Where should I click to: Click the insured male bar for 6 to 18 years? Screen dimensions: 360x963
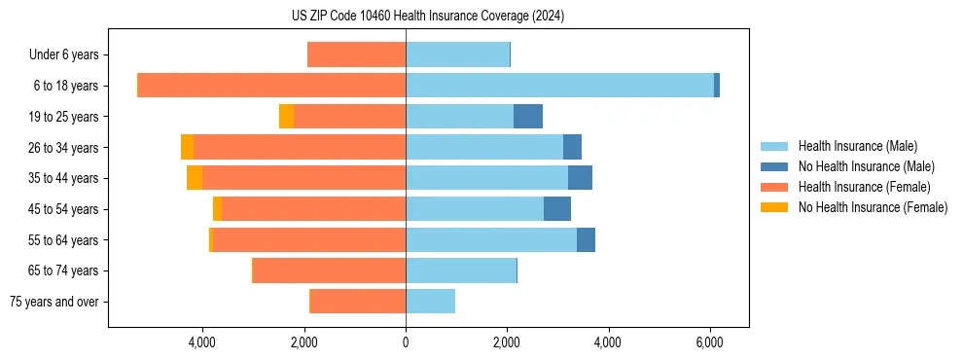(x=559, y=86)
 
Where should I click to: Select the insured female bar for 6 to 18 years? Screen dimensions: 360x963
(x=271, y=86)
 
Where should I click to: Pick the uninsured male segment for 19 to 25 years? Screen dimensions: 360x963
(x=528, y=117)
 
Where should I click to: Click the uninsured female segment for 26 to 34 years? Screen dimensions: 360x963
(x=187, y=147)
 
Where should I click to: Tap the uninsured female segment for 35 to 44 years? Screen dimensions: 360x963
(x=195, y=178)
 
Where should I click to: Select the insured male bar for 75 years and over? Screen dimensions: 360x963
(x=430, y=302)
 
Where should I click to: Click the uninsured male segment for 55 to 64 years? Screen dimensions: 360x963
(x=586, y=239)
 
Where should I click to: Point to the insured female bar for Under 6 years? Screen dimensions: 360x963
(x=356, y=55)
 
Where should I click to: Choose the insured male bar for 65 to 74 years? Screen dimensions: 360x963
(x=460, y=270)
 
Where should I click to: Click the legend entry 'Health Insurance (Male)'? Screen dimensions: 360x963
(x=857, y=146)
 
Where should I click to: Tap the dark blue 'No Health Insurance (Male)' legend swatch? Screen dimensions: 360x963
(x=775, y=166)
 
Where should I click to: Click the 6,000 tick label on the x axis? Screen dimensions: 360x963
(x=709, y=343)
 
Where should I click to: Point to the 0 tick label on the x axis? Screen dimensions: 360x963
(x=406, y=343)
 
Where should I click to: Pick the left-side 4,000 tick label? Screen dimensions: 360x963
(x=202, y=343)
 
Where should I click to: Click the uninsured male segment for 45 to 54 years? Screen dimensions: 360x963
(x=557, y=209)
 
